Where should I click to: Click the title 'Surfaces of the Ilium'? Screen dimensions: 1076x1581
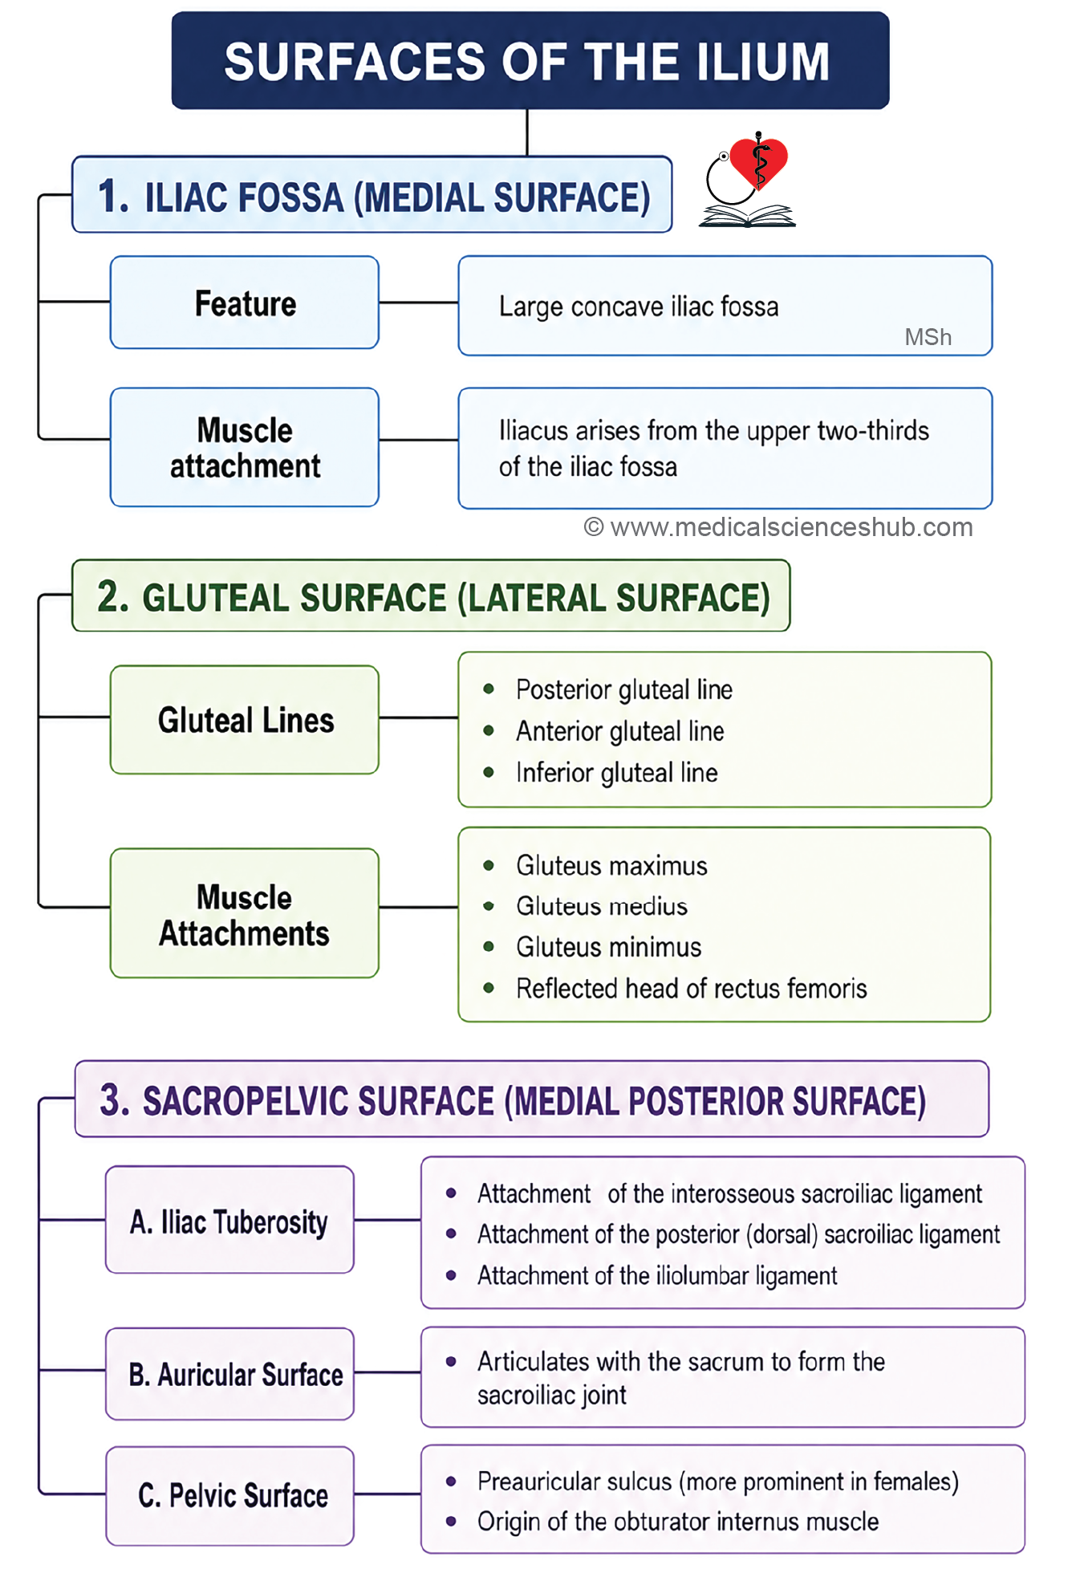527,62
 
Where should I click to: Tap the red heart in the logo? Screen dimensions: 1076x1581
758,162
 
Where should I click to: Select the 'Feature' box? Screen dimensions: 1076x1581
245,303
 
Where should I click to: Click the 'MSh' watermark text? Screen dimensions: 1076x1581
928,337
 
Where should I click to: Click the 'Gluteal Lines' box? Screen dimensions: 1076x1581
245,720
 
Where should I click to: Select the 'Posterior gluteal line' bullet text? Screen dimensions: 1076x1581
624,689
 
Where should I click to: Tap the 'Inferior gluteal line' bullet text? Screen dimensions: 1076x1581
617,772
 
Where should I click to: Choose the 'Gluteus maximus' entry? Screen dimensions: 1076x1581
611,865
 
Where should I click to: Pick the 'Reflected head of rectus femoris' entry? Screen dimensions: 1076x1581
692,988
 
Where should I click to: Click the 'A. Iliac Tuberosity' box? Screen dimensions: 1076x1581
229,1220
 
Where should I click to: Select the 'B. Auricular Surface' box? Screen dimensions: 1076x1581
229,1374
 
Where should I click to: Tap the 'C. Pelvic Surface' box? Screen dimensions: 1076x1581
229,1496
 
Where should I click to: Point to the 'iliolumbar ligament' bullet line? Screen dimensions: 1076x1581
657,1275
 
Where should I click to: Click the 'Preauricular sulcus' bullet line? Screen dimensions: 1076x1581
718,1481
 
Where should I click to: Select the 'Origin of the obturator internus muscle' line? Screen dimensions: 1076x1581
678,1522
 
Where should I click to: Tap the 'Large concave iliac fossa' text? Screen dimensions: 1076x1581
639,307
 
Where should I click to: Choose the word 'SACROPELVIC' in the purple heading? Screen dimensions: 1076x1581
319,1101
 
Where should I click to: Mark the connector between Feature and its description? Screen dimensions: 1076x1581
418,303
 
